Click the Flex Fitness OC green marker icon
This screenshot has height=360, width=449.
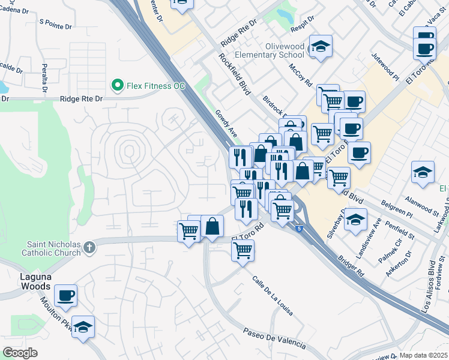coord(118,86)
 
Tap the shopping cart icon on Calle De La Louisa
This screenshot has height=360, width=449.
coord(243,250)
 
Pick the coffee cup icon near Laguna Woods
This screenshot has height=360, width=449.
coord(65,295)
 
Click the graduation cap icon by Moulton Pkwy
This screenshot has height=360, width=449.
coord(83,326)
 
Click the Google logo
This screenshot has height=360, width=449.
coord(20,353)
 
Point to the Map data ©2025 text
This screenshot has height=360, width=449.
coord(424,355)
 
